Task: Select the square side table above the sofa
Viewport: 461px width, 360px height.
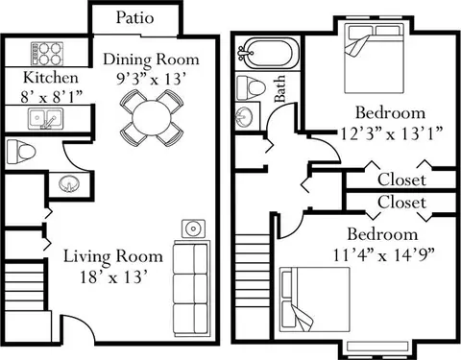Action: tap(190, 229)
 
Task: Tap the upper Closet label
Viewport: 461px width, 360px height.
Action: tap(401, 179)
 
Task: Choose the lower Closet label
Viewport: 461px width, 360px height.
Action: tap(401, 203)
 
